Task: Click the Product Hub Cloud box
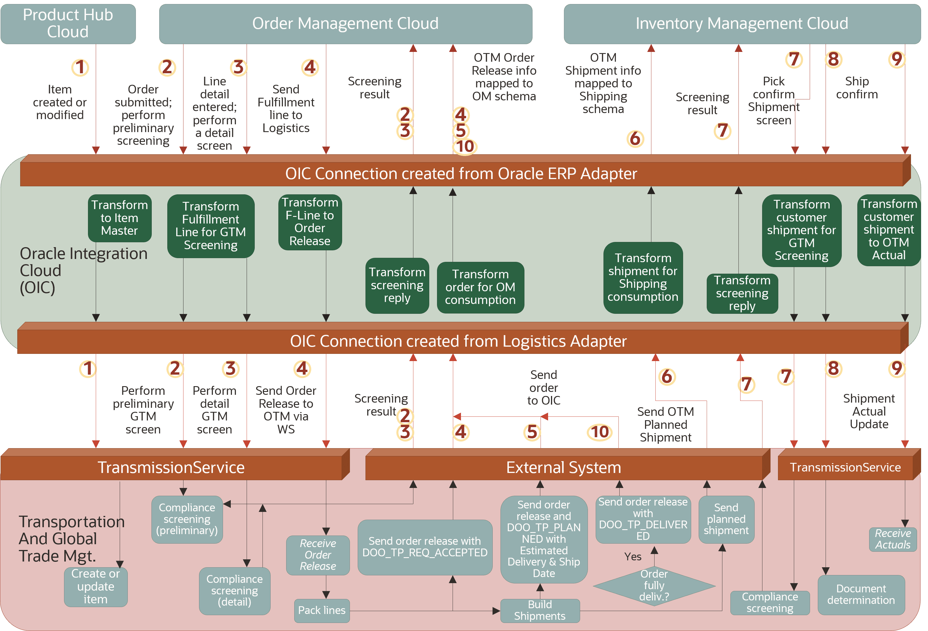(x=68, y=24)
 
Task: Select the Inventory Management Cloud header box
(x=742, y=24)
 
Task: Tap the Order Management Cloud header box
(x=345, y=24)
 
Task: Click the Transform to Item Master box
(x=119, y=218)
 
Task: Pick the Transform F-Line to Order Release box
(x=310, y=222)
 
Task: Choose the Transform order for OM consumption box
(x=480, y=287)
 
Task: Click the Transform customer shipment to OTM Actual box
(x=888, y=230)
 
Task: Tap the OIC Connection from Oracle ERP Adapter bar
(x=461, y=174)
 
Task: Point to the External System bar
(x=563, y=467)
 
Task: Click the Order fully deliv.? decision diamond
(x=654, y=585)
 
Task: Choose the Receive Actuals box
(x=893, y=539)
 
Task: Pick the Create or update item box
(x=95, y=587)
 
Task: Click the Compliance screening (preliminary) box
(x=187, y=519)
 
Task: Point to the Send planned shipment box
(x=726, y=519)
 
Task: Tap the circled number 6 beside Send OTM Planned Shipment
(x=667, y=376)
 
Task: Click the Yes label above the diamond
(x=633, y=557)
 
